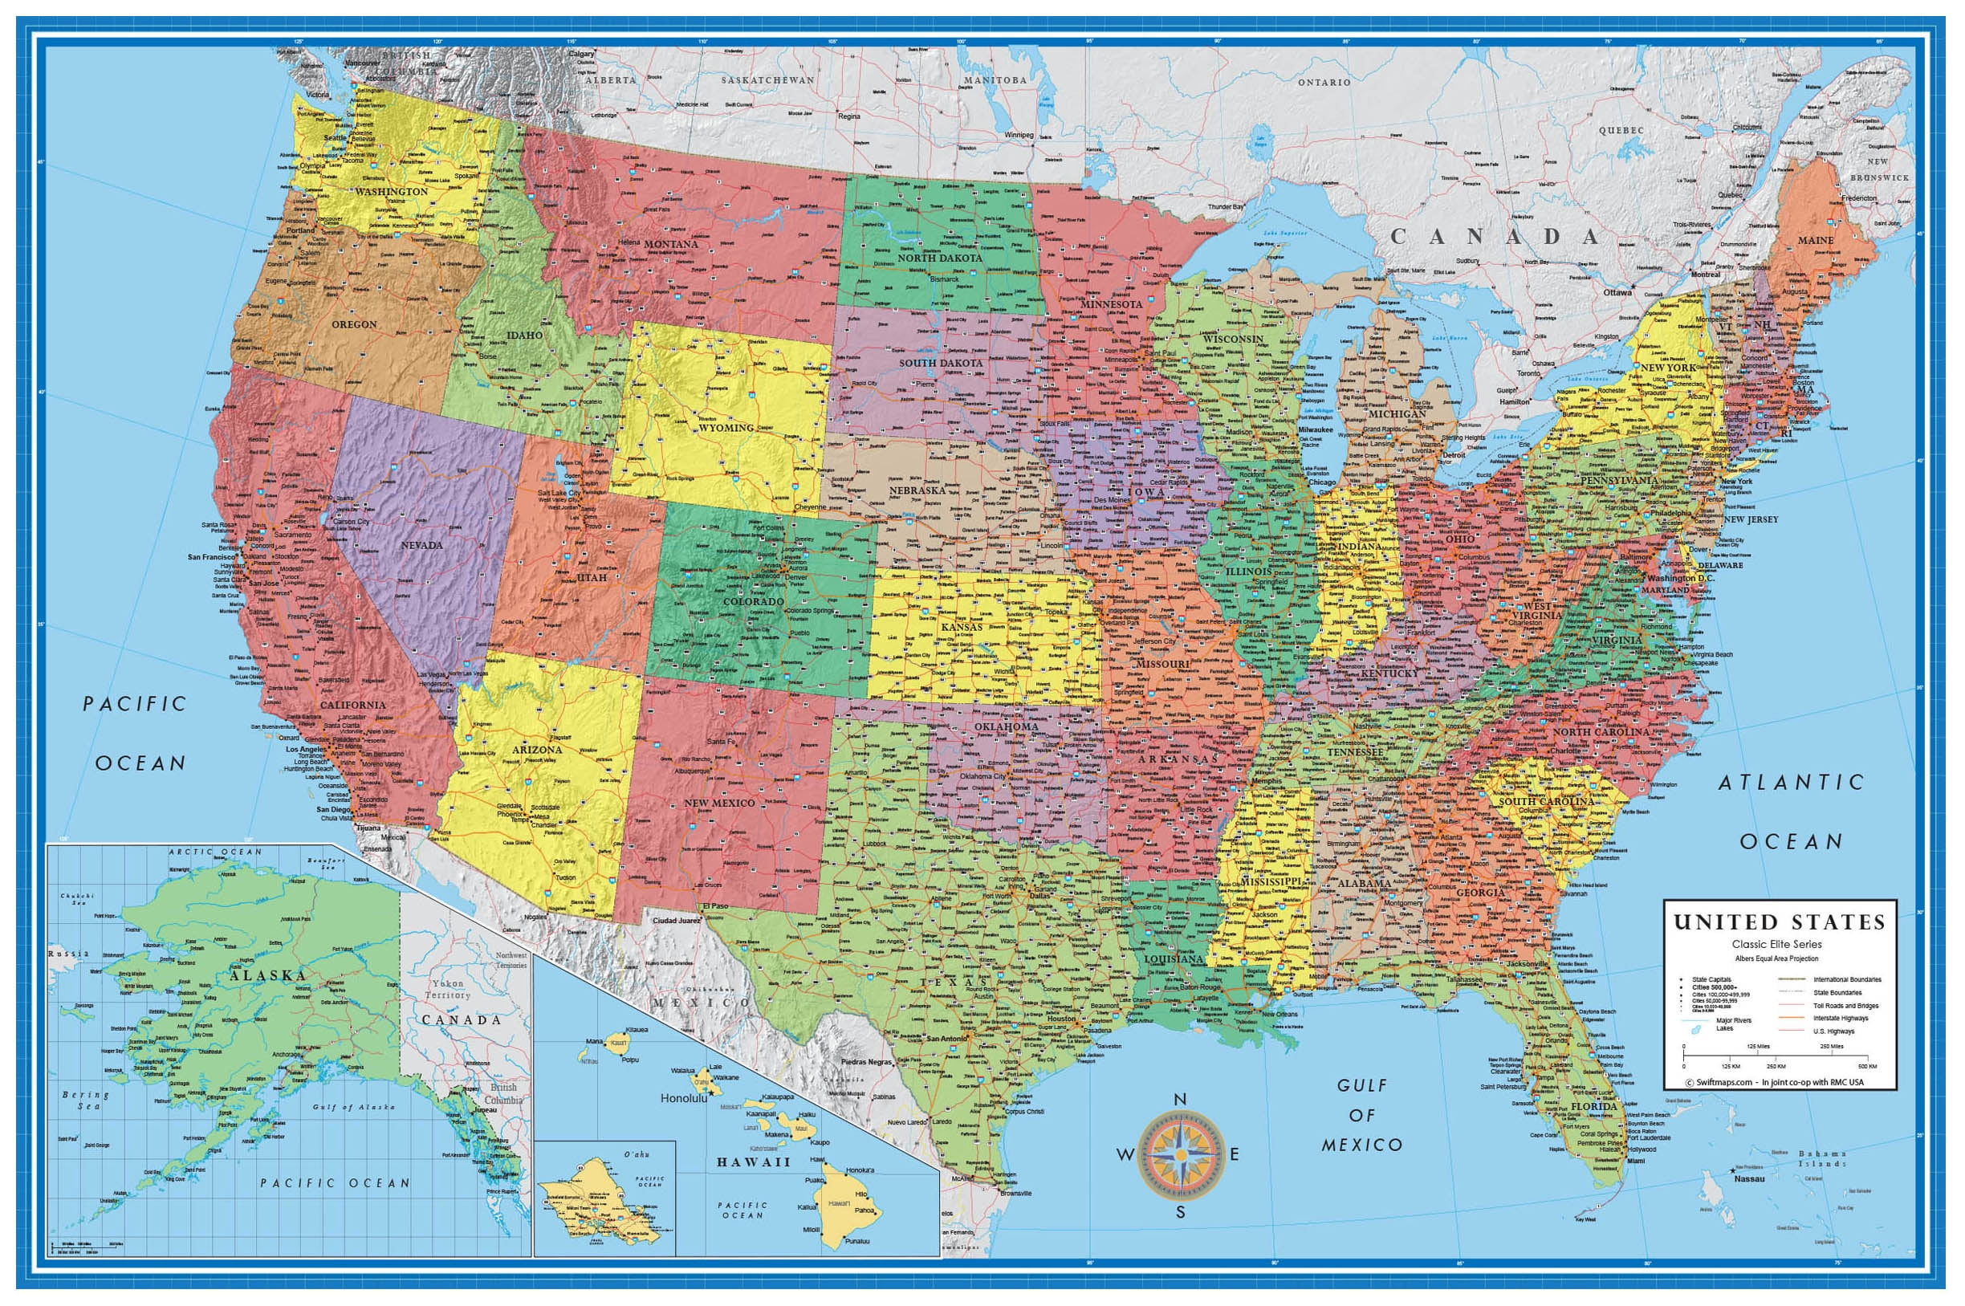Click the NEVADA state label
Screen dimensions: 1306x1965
[x=421, y=545]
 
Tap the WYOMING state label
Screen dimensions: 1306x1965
[x=726, y=427]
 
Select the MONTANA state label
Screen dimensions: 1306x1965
[x=670, y=244]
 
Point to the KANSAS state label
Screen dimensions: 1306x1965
[x=962, y=626]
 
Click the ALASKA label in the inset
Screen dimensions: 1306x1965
[x=268, y=975]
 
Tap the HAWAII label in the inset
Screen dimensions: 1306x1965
[x=753, y=1161]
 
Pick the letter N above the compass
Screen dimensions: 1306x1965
[x=1179, y=1100]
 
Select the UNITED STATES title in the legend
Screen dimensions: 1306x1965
[x=1780, y=922]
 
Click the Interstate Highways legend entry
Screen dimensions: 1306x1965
[x=1841, y=1018]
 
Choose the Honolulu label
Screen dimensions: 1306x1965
[x=683, y=1098]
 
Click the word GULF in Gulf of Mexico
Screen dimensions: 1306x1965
[x=1363, y=1085]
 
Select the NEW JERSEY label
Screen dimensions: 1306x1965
[x=1751, y=519]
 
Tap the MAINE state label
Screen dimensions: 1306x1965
[x=1815, y=240]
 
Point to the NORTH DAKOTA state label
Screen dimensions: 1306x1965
[x=940, y=258]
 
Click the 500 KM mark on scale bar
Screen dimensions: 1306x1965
[x=1866, y=1066]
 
